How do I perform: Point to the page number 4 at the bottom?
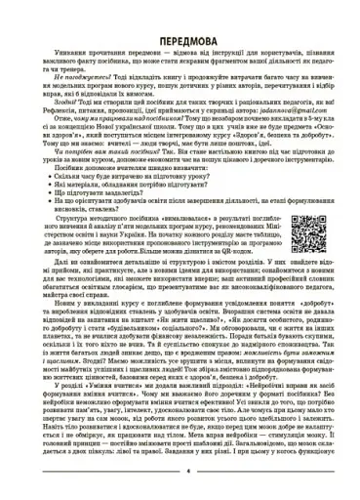tap(180, 485)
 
